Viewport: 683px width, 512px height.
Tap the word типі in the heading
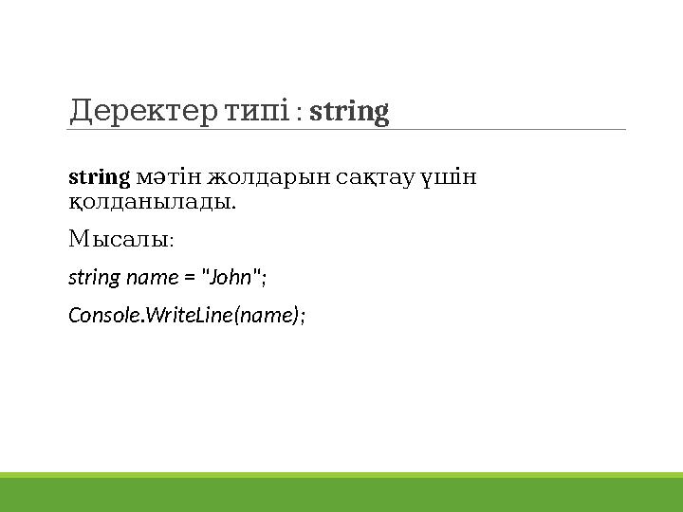(255, 112)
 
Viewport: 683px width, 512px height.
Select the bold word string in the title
(349, 112)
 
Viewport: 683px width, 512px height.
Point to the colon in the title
(300, 114)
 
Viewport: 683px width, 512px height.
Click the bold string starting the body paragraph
(99, 177)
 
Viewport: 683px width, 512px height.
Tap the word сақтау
(360, 177)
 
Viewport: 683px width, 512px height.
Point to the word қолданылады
(151, 202)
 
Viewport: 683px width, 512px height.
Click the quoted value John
(230, 278)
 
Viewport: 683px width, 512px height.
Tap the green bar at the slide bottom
(341, 493)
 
